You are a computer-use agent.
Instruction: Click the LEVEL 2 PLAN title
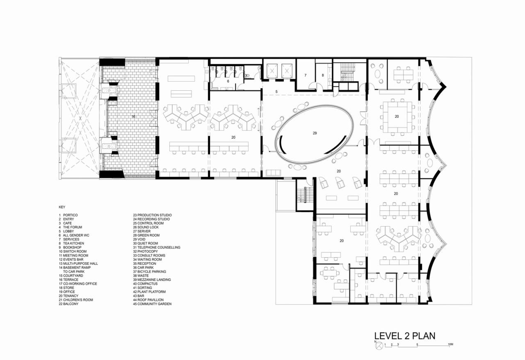coord(404,336)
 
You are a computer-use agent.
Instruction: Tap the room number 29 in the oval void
coord(315,133)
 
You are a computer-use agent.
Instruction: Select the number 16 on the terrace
coord(133,117)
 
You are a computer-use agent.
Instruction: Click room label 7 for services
coord(305,76)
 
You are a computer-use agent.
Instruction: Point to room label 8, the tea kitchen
coord(322,76)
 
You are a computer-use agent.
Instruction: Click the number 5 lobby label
coord(276,92)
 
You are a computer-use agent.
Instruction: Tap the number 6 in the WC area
coord(228,81)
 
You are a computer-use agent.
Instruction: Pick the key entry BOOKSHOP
coord(70,248)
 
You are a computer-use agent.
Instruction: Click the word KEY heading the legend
coord(62,207)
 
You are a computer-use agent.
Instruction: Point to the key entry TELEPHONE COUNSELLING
coord(156,248)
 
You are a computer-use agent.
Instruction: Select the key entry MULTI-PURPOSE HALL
coord(78,264)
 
